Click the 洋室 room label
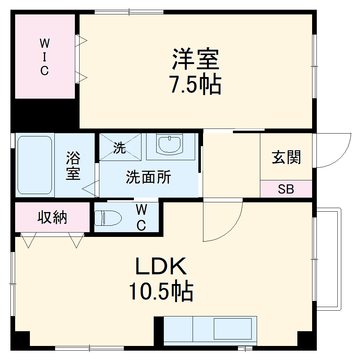(x=195, y=59)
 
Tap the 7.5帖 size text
(x=195, y=85)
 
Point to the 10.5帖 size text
(x=161, y=291)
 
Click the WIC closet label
(x=44, y=57)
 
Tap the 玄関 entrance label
(x=286, y=157)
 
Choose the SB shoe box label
(x=286, y=189)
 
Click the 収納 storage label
(x=53, y=217)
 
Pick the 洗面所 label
(x=148, y=177)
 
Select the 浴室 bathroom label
(x=73, y=165)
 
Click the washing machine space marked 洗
(x=120, y=147)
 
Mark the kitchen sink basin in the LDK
(x=233, y=328)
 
